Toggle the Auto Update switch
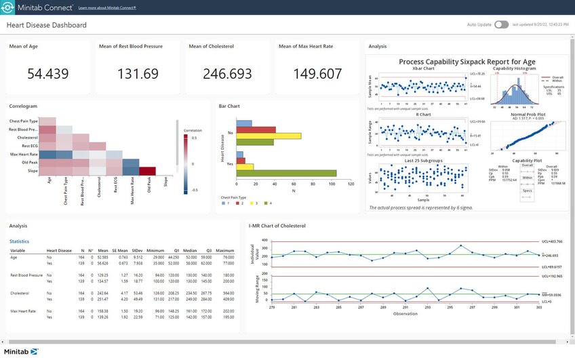(501, 24)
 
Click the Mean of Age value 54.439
(47, 73)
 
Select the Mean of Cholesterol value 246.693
(227, 73)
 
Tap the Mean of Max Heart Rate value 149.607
(317, 73)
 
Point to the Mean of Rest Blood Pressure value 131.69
(137, 73)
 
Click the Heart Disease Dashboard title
(47, 25)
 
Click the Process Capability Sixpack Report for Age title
(467, 62)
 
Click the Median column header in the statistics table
(191, 250)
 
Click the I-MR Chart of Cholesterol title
(278, 225)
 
